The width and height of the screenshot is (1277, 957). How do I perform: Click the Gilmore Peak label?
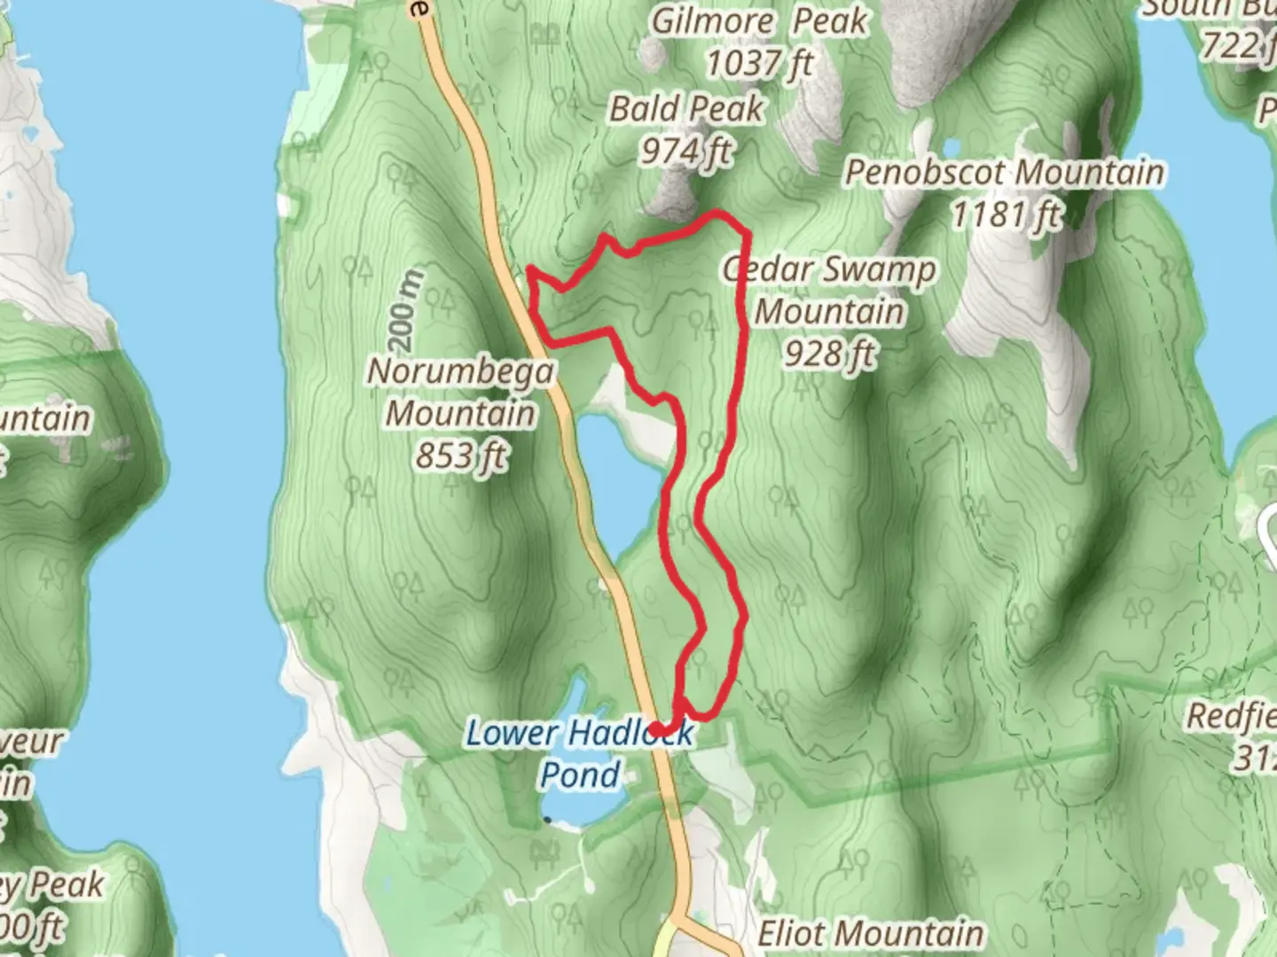point(759,20)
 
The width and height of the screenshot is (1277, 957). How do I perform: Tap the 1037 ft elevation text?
point(759,63)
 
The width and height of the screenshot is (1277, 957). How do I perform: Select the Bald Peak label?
point(686,108)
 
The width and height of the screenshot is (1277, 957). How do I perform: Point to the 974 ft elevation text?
point(686,151)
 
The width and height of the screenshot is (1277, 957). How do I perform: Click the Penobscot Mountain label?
point(1004,172)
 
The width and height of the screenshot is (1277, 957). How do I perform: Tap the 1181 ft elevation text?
point(1006,214)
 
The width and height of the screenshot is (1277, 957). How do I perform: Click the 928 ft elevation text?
point(828,354)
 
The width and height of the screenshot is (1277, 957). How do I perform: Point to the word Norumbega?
point(461,371)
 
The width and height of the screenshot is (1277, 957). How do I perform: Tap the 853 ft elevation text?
point(461,456)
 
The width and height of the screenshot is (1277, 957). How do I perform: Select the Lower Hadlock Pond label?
point(580,753)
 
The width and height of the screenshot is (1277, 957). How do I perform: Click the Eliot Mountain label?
point(870,933)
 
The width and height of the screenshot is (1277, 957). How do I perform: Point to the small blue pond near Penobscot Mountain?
point(951,145)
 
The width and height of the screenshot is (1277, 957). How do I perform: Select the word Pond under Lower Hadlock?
point(580,774)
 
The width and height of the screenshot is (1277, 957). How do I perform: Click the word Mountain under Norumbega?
point(461,414)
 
